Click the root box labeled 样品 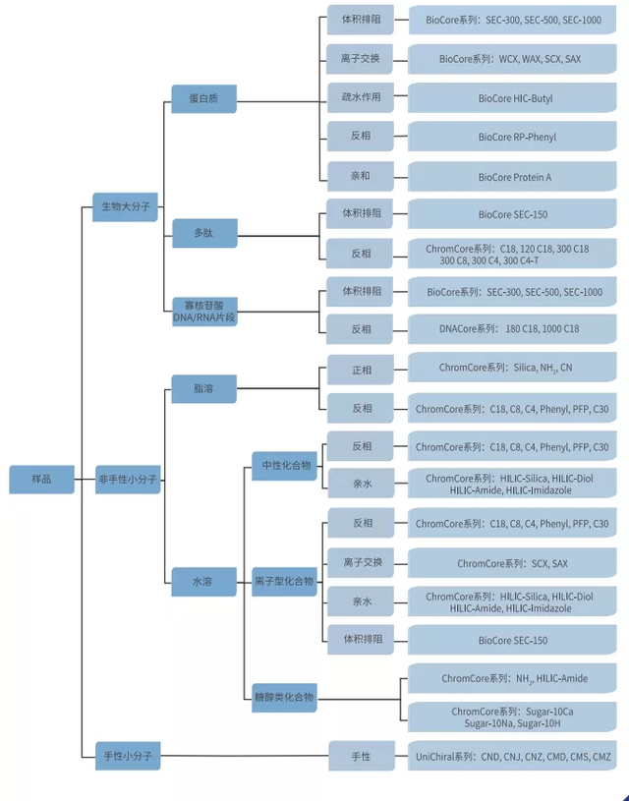[x=41, y=480]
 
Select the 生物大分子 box [x=125, y=206]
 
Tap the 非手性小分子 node [x=128, y=480]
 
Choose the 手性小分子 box [x=128, y=756]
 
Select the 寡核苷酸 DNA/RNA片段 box [x=203, y=311]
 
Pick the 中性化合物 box [x=286, y=465]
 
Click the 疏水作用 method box [x=361, y=97]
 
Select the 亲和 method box [x=361, y=177]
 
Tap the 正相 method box [x=361, y=370]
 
